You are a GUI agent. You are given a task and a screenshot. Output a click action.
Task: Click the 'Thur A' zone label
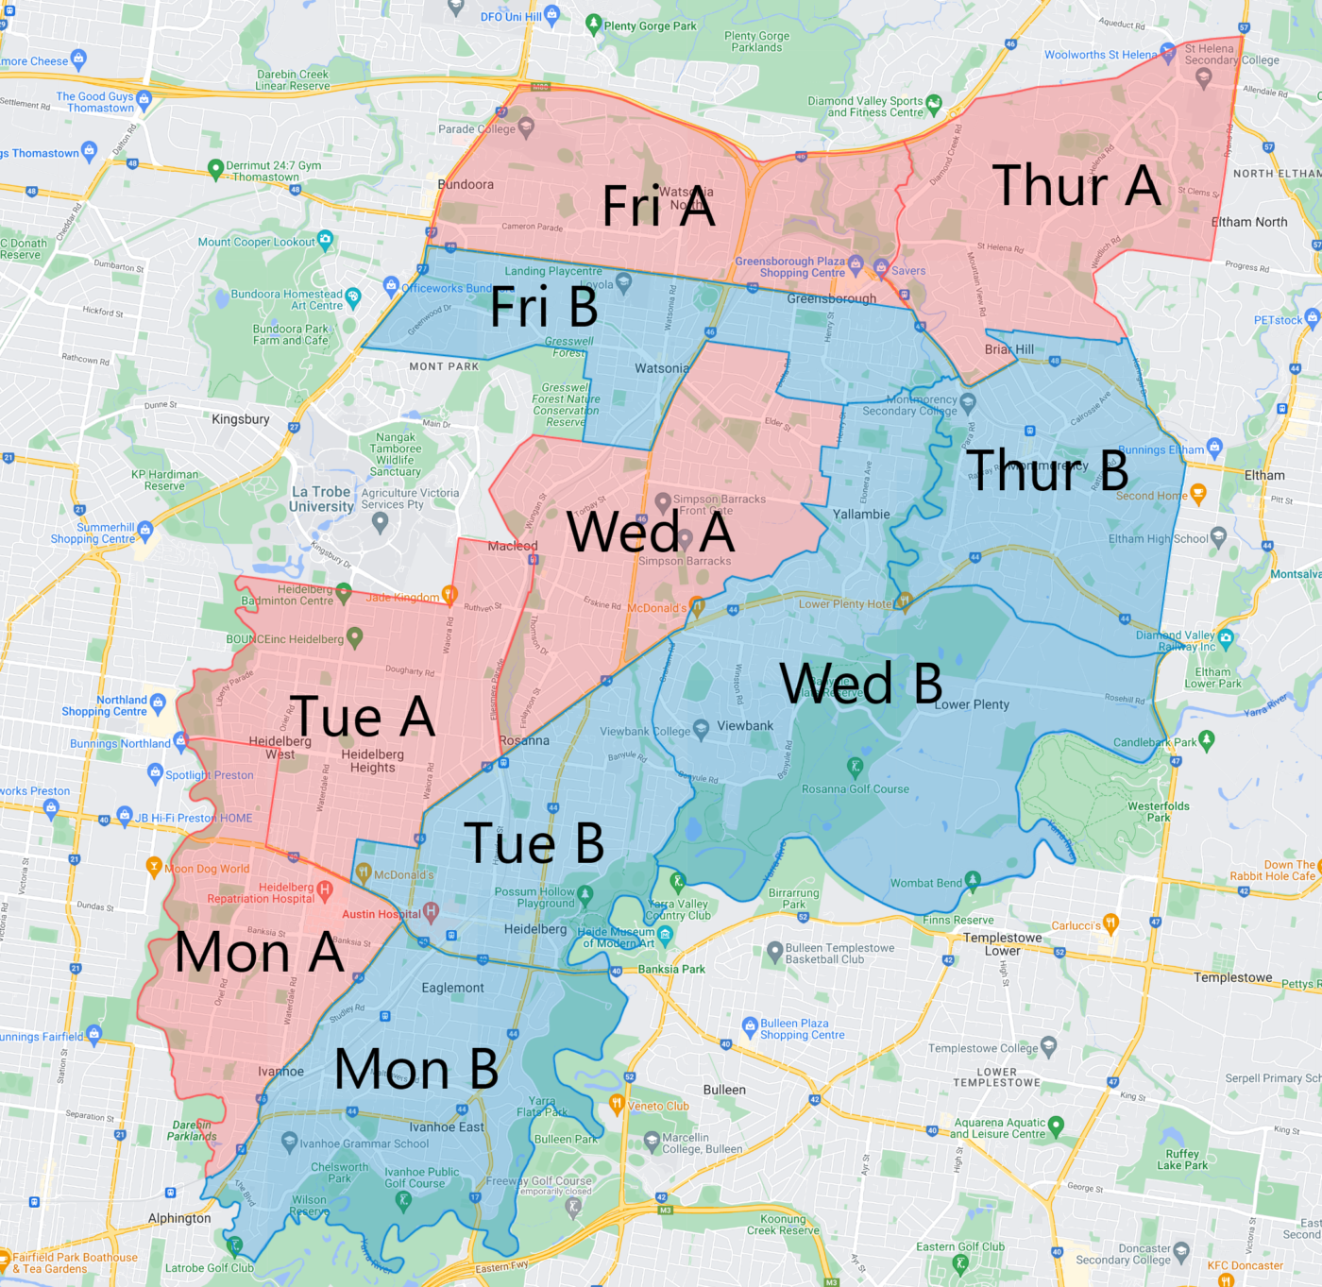click(1076, 185)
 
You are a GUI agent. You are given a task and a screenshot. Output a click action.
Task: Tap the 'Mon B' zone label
click(416, 1069)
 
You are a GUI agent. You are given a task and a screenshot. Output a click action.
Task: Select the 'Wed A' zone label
click(651, 532)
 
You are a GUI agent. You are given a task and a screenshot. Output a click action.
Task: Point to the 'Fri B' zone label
click(544, 307)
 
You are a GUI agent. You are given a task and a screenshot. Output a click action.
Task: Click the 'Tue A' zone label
click(362, 716)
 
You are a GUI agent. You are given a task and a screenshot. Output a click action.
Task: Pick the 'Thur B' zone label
click(1046, 469)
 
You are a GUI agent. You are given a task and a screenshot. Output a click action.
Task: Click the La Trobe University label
click(321, 499)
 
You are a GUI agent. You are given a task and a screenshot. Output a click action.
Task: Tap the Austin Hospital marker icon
click(432, 912)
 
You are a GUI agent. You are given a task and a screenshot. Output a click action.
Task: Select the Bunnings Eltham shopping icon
click(1214, 447)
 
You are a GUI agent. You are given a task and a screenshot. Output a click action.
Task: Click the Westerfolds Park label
click(1158, 811)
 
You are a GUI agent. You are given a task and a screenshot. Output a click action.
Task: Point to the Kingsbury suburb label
click(240, 419)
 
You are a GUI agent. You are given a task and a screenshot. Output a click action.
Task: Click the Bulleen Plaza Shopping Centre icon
click(751, 1025)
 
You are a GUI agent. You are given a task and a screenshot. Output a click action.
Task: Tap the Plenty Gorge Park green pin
click(593, 24)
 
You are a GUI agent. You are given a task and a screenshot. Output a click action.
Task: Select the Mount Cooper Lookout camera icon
click(326, 239)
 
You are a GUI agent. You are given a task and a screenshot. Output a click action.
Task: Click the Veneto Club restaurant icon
click(617, 1103)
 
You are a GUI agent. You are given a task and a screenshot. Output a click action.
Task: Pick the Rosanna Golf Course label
click(855, 789)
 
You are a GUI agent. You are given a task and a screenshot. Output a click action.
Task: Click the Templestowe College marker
click(1048, 1046)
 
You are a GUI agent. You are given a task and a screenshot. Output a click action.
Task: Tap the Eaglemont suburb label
click(452, 988)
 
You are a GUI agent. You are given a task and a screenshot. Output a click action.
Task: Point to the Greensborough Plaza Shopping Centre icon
click(856, 262)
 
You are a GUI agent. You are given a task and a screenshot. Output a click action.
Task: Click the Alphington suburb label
click(179, 1218)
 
